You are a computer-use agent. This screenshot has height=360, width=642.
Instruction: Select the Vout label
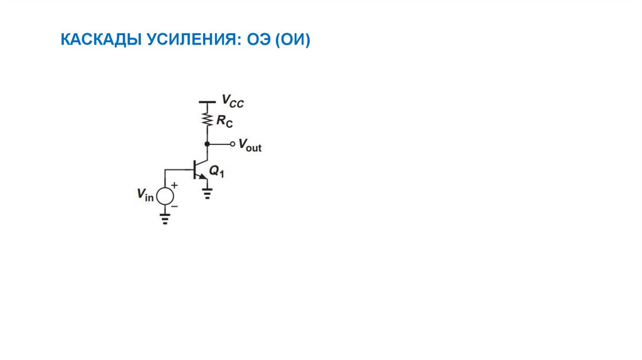point(250,146)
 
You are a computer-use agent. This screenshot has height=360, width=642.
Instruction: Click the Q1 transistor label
point(216,171)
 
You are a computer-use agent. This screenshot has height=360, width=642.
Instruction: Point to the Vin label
point(145,195)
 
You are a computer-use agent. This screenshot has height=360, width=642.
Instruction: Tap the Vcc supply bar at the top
point(206,102)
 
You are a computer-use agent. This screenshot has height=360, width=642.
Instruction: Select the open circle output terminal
point(232,144)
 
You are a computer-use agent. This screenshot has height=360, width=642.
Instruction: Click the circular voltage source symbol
point(165,196)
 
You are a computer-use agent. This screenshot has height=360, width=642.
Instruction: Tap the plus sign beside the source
point(175,186)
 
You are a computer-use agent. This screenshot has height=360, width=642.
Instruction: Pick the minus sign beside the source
point(175,206)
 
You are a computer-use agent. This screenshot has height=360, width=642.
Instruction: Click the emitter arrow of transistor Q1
point(203,177)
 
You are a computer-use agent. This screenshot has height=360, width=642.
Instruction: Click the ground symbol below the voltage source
point(165,220)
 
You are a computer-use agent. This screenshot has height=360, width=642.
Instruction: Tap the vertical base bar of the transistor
point(195,169)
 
